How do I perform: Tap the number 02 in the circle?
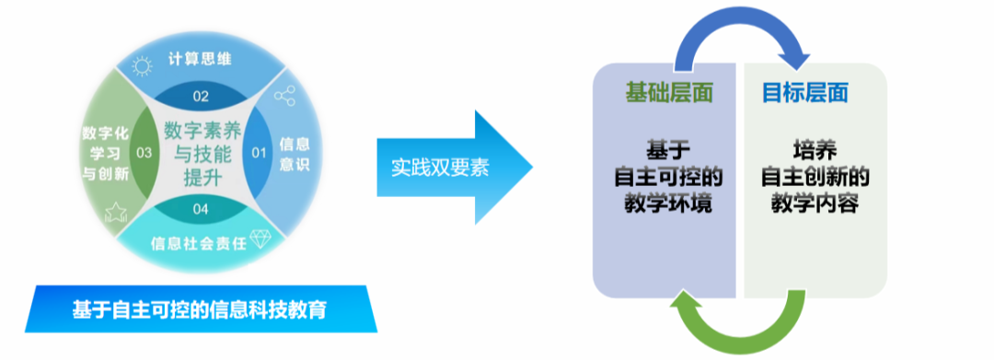201,96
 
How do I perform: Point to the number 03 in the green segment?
144,152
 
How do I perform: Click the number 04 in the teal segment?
201,209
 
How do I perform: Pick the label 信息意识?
294,154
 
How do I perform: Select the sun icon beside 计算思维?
142,65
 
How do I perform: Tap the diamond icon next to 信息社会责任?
261,238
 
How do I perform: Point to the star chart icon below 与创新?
116,214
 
